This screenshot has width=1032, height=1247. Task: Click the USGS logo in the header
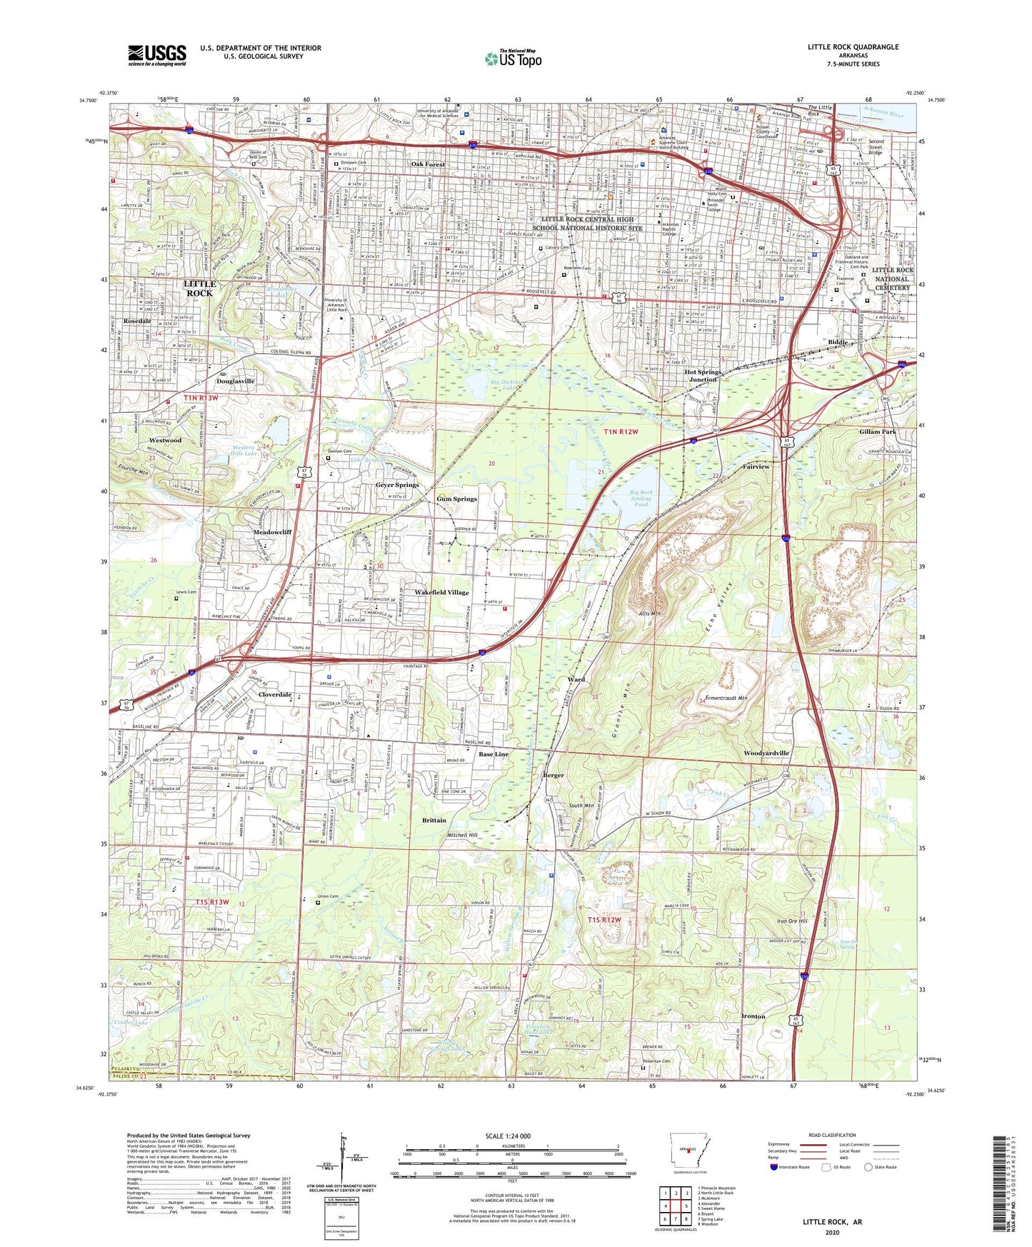pos(157,55)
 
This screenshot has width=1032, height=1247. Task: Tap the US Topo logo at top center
pos(513,59)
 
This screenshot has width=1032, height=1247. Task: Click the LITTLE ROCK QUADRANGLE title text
pos(853,47)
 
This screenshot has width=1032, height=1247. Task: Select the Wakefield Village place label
pos(442,592)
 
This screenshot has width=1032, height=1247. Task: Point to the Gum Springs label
pos(456,499)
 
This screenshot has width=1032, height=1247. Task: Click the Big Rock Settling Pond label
pos(641,498)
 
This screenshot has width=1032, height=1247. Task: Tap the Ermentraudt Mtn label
pos(727,698)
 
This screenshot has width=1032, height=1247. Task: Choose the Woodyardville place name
pos(766,753)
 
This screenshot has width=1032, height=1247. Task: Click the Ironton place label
pos(753,1016)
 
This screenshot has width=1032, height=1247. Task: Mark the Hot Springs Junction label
pos(703,376)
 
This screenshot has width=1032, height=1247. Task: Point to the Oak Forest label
pos(428,164)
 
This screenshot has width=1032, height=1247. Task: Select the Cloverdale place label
pos(275,694)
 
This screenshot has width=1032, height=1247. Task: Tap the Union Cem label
pos(329,896)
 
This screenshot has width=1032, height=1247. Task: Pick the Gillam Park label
pos(878,432)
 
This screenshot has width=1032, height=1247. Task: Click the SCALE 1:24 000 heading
pos(508,1136)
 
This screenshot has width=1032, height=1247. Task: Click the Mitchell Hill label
pos(462,835)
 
